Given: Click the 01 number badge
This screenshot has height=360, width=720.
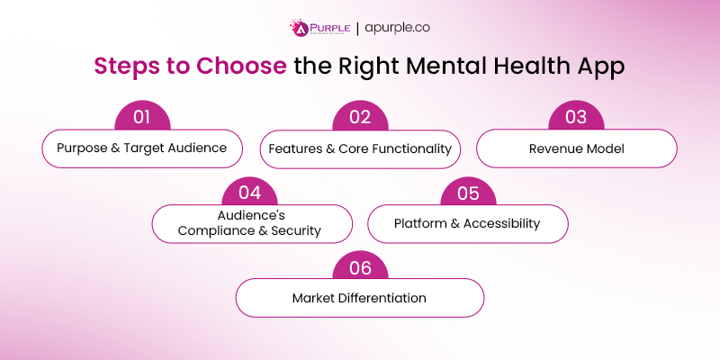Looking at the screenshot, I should (143, 117).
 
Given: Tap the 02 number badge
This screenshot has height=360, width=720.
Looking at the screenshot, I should (360, 117).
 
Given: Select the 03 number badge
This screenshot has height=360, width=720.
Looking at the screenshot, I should (576, 117).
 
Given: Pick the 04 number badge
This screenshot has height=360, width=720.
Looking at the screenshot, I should (251, 193).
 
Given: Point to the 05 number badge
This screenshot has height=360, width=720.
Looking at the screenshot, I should (468, 193).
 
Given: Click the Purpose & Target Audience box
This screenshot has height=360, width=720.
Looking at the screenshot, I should (143, 148).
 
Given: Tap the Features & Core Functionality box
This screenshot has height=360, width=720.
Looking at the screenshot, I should (360, 148).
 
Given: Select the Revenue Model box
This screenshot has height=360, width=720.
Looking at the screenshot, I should (576, 148).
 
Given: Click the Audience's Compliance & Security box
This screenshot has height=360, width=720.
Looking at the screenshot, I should (251, 223).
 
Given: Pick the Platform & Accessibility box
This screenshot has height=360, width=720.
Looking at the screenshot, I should (468, 223).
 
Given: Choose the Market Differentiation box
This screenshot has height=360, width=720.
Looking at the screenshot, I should (360, 297).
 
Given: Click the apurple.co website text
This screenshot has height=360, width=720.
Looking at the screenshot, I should (398, 28).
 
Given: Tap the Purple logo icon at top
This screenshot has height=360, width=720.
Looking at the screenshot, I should (300, 28).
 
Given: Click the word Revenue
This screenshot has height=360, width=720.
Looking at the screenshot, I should (554, 148).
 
